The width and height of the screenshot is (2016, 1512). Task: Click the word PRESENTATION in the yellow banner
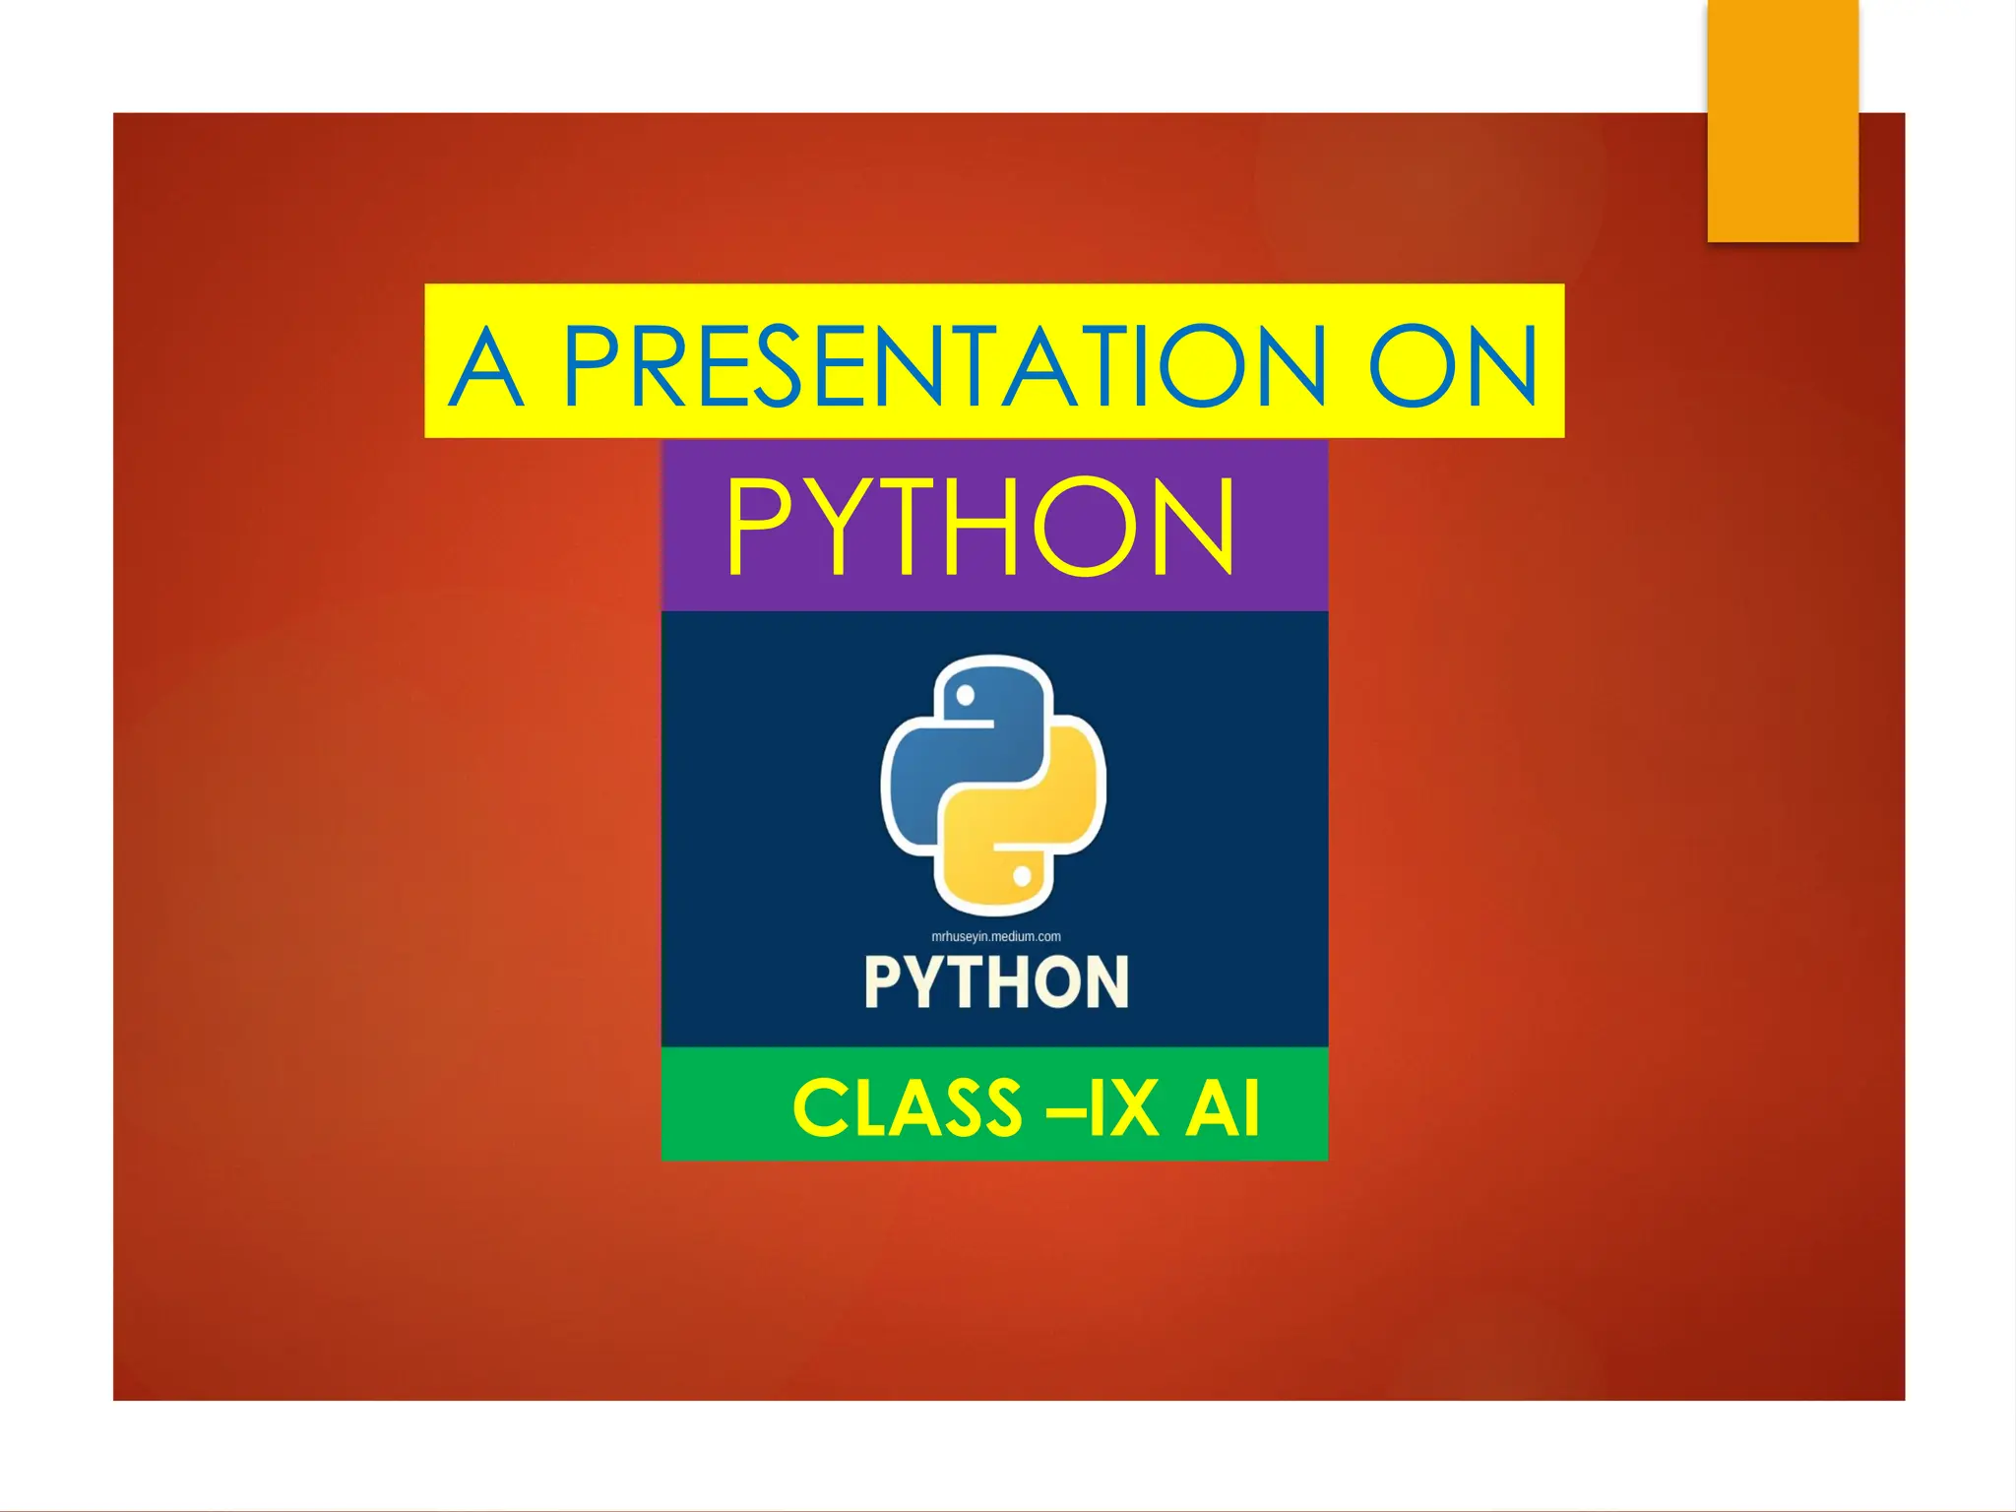[x=943, y=366]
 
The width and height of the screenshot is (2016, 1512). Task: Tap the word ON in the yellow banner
[x=1453, y=366]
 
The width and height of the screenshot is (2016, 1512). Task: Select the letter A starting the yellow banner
[x=486, y=366]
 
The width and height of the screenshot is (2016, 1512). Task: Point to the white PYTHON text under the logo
[x=996, y=981]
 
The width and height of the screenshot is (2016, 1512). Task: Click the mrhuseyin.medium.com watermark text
[x=996, y=936]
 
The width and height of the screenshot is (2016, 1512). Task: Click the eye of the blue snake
[x=966, y=696]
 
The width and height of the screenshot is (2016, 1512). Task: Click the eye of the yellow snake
[x=1022, y=875]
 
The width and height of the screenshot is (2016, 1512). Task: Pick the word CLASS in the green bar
[x=908, y=1108]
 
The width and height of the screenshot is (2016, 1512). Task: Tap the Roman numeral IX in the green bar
[x=1121, y=1108]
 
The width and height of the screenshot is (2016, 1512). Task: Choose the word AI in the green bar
[x=1222, y=1108]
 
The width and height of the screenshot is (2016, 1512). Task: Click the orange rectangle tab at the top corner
[x=1783, y=120]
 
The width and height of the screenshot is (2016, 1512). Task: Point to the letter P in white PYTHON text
[x=883, y=981]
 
